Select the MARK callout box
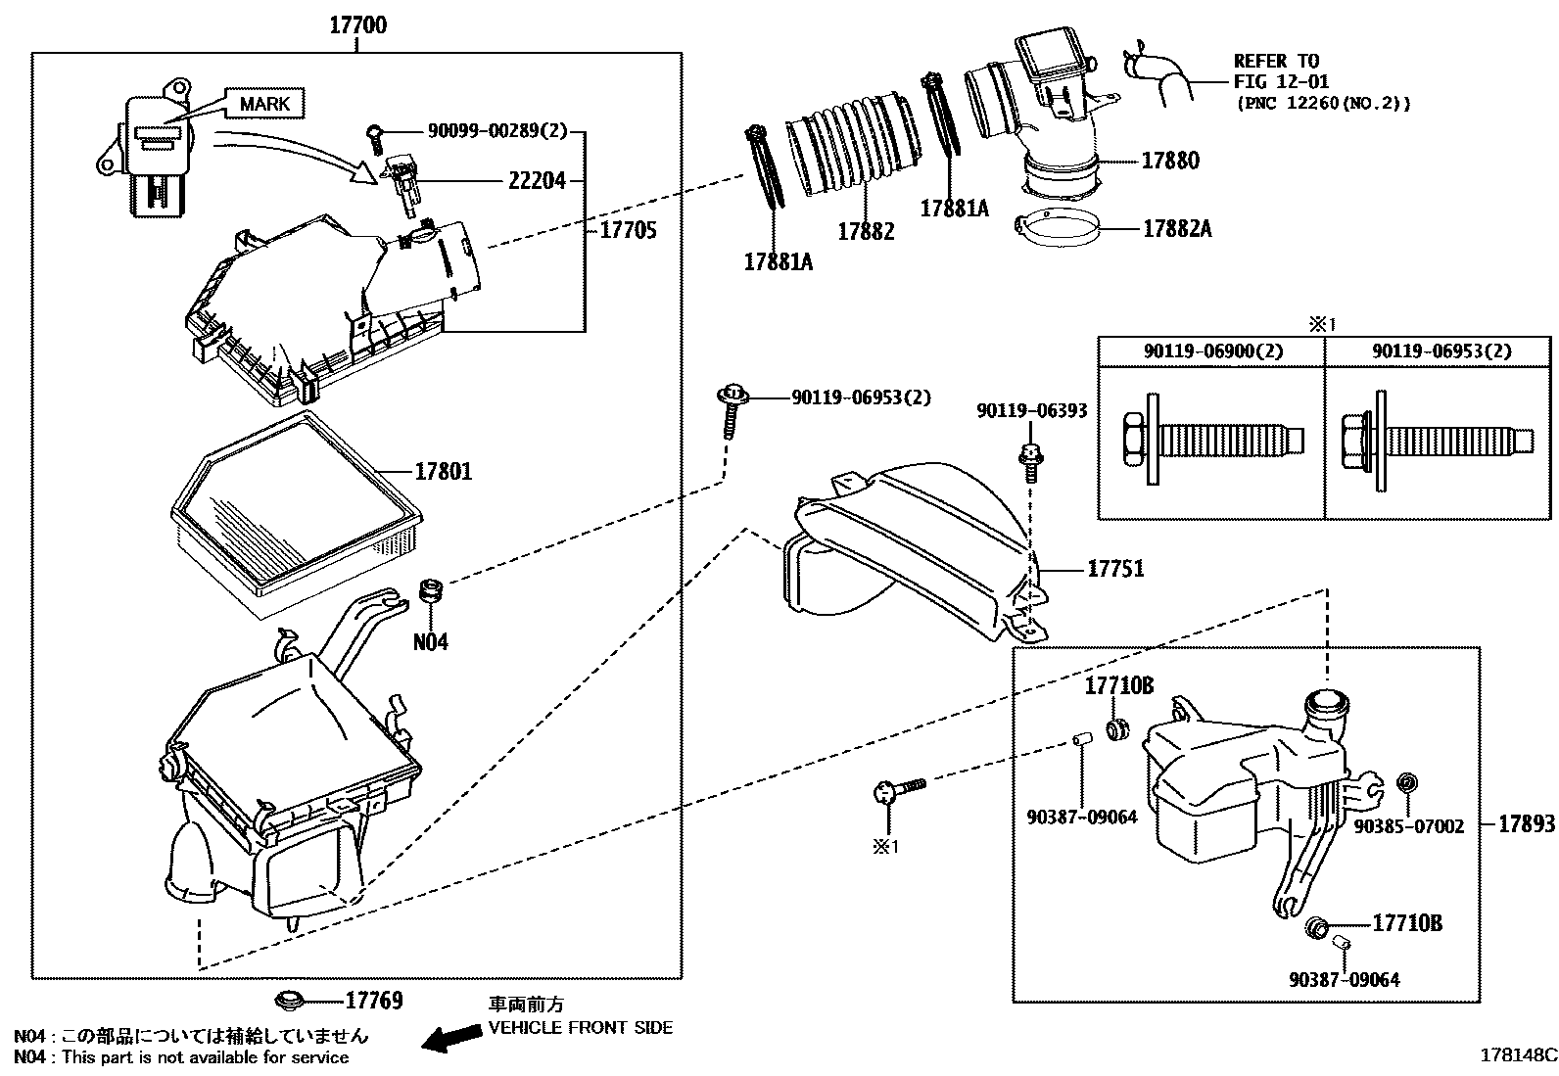[264, 103]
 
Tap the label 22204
[537, 181]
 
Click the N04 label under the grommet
[430, 642]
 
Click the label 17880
[1169, 161]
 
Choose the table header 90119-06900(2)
[1212, 351]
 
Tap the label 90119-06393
[1031, 411]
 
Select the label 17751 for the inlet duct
[1114, 569]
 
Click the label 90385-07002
[1408, 826]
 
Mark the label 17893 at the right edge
[1526, 824]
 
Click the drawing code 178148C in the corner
[1517, 1055]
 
